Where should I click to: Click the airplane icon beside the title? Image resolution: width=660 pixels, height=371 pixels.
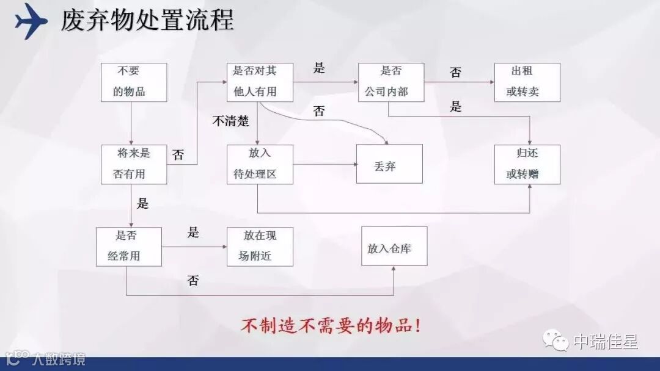(31, 20)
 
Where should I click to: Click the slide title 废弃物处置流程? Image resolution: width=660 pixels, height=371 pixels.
(147, 20)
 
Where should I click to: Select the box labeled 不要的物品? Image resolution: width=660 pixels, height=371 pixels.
(133, 82)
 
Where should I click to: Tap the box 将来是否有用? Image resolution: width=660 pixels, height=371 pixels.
(133, 164)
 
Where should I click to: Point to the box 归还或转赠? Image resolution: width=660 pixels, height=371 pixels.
(527, 164)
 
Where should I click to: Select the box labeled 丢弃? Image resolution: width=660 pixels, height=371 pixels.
(389, 164)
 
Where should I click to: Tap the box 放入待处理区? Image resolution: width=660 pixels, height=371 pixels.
(259, 164)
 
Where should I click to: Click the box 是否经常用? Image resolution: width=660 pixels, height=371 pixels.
(129, 246)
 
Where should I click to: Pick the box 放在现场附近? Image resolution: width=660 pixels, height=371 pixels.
(259, 246)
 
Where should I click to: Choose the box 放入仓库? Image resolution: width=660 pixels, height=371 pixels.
(394, 246)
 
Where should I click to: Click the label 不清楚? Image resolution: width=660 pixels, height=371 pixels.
(230, 121)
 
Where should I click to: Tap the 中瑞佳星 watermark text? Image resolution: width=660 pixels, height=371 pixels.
(605, 342)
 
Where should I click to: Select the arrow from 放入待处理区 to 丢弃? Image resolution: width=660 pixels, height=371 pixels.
(324, 164)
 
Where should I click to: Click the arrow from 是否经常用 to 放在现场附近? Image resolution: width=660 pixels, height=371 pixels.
(194, 247)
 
